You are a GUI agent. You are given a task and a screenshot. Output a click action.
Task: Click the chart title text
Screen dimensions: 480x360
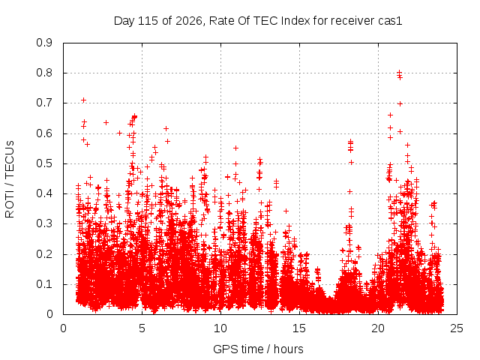click(258, 21)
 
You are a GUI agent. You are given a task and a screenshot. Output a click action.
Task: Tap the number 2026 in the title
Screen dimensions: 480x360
click(188, 21)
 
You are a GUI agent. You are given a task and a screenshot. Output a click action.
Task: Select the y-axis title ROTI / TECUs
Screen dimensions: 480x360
click(10, 179)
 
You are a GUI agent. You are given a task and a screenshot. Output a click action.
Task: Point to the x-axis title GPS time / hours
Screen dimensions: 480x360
click(258, 349)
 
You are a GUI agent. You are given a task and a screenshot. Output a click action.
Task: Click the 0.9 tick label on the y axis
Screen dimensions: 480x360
click(44, 43)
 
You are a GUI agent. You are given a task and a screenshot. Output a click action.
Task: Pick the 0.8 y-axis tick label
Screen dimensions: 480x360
click(44, 73)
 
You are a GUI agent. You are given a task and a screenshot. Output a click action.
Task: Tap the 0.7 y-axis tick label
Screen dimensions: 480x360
click(44, 103)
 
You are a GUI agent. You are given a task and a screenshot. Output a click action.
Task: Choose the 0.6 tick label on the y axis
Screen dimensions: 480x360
click(44, 133)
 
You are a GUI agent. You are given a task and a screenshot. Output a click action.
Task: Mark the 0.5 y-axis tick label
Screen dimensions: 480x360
click(44, 163)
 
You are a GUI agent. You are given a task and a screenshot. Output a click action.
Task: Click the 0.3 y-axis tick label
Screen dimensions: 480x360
click(44, 223)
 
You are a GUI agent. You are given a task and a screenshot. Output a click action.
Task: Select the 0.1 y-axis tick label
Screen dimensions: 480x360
click(44, 284)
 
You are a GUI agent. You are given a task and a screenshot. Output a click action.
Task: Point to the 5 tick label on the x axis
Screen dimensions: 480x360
click(142, 328)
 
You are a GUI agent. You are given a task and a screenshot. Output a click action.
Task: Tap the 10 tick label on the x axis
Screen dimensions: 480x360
click(220, 328)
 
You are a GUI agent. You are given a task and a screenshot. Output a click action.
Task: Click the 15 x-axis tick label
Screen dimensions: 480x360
click(299, 328)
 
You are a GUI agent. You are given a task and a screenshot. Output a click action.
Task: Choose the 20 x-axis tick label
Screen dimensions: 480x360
click(378, 328)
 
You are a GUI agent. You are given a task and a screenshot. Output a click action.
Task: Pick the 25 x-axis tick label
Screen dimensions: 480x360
click(457, 328)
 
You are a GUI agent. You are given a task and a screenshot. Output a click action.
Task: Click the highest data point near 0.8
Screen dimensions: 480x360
click(399, 73)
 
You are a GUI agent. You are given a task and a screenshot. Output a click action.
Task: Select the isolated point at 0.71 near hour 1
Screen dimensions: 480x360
click(83, 100)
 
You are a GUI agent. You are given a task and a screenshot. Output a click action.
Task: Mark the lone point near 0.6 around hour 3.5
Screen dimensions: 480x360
click(120, 133)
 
